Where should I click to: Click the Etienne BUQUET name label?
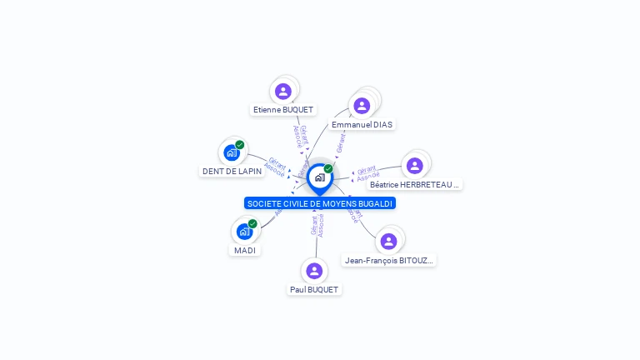tap(283, 110)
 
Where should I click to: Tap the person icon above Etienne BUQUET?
tap(283, 91)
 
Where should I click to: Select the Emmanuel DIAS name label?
tap(362, 124)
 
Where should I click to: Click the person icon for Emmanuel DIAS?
tap(362, 106)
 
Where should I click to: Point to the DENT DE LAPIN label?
tap(232, 172)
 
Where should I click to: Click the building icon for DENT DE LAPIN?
tap(232, 152)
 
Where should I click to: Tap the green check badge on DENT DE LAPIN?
tap(240, 145)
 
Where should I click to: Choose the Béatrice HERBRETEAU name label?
tap(415, 184)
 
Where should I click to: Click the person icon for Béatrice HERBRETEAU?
tap(415, 166)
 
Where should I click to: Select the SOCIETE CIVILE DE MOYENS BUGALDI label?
tap(319, 203)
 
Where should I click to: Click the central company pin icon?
tap(319, 177)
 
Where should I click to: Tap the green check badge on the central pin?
tap(328, 169)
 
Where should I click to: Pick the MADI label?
tap(245, 250)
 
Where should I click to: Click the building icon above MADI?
tap(244, 231)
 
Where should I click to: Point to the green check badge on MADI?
tap(252, 223)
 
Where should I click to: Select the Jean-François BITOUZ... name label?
tap(388, 261)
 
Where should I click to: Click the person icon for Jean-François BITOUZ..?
tap(388, 242)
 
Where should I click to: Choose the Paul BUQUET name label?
tap(314, 289)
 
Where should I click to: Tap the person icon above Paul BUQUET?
tap(314, 270)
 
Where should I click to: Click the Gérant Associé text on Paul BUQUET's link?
tap(317, 225)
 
